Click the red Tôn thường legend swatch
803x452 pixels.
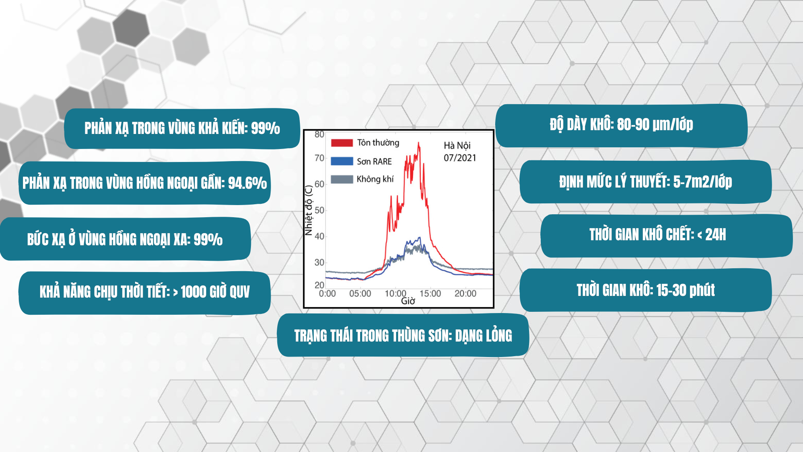pyautogui.click(x=342, y=143)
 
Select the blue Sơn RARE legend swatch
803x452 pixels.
pyautogui.click(x=342, y=161)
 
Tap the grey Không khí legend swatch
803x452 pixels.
pyautogui.click(x=342, y=180)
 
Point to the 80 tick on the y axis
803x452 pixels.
pyautogui.click(x=320, y=134)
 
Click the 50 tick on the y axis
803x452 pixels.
pyautogui.click(x=320, y=210)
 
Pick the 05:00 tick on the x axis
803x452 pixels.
pyautogui.click(x=360, y=294)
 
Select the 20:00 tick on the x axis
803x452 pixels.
pyautogui.click(x=465, y=294)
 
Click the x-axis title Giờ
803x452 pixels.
pyautogui.click(x=408, y=301)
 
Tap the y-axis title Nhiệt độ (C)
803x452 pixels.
pyautogui.click(x=309, y=211)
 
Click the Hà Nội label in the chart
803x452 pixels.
pyautogui.click(x=457, y=146)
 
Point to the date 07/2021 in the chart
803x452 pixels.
pyautogui.click(x=460, y=158)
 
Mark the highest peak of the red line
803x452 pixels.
pyautogui.click(x=419, y=143)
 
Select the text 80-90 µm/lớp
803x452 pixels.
pyautogui.click(x=655, y=124)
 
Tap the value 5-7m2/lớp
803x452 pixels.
pyautogui.click(x=703, y=182)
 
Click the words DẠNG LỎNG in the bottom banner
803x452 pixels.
pyautogui.click(x=483, y=336)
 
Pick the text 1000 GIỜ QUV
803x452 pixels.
pyautogui.click(x=215, y=292)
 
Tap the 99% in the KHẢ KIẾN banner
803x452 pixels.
pyautogui.click(x=265, y=128)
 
